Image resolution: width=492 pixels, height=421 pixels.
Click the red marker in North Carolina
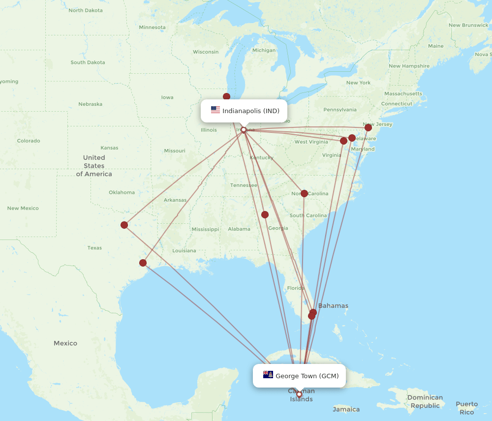pyautogui.click(x=304, y=193)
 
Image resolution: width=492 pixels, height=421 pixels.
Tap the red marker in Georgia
pyautogui.click(x=265, y=214)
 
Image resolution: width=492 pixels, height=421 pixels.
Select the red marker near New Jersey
pyautogui.click(x=368, y=127)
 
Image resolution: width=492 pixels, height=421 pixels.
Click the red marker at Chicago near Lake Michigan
pyautogui.click(x=226, y=96)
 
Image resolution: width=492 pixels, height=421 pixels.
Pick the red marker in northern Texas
pyautogui.click(x=124, y=225)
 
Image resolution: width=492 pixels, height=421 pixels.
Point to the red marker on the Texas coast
pyautogui.click(x=143, y=263)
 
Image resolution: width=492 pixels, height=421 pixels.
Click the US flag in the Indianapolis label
pyautogui.click(x=215, y=110)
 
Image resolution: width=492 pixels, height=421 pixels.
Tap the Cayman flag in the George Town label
pyautogui.click(x=268, y=375)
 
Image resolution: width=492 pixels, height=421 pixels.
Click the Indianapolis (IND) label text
pyautogui.click(x=251, y=111)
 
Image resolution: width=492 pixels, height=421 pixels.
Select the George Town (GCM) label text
pyautogui.click(x=307, y=376)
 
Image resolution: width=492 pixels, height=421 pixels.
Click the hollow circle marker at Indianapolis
pyautogui.click(x=243, y=130)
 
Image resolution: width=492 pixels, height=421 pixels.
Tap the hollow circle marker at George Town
pyautogui.click(x=299, y=394)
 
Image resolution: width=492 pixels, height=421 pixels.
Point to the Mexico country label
pyautogui.click(x=65, y=343)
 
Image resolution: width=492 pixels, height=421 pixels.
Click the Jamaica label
pyautogui.click(x=346, y=409)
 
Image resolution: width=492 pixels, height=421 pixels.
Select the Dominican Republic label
pyautogui.click(x=425, y=401)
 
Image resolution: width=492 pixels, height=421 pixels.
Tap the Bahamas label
pyautogui.click(x=333, y=305)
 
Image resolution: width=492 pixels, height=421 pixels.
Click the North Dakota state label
pyautogui.click(x=86, y=10)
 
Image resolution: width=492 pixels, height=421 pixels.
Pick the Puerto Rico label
pyautogui.click(x=466, y=408)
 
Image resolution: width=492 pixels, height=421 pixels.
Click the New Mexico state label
pyautogui.click(x=23, y=208)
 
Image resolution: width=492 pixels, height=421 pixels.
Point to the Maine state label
pyautogui.click(x=435, y=46)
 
